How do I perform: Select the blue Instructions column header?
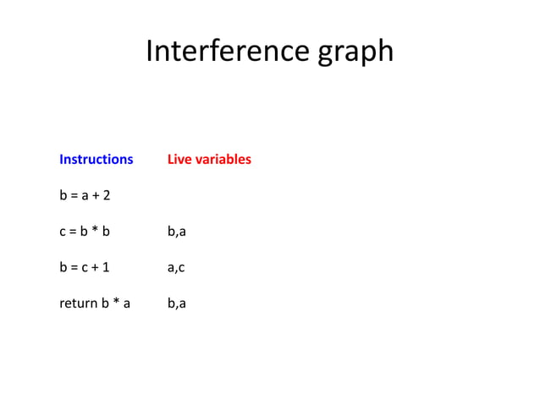pos(96,159)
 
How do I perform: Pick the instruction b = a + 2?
pos(85,195)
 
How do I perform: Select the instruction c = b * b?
pos(85,232)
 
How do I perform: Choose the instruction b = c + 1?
pos(85,268)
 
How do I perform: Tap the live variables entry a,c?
pos(176,268)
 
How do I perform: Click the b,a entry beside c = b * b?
pos(176,232)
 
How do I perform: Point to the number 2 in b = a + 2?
pos(107,195)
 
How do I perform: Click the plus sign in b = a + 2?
pos(96,196)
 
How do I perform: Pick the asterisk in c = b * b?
pos(95,231)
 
